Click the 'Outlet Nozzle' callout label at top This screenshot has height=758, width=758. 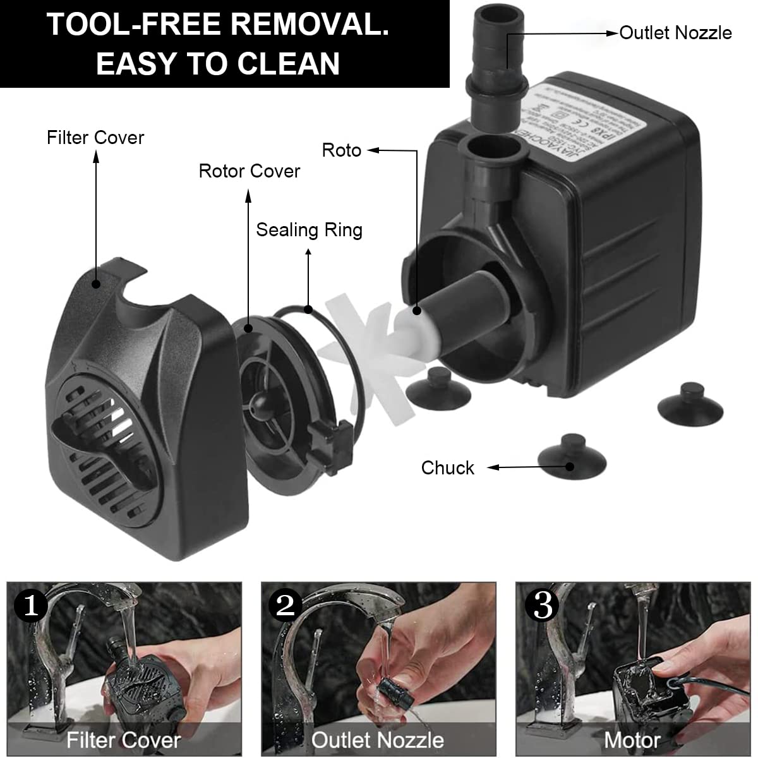point(675,33)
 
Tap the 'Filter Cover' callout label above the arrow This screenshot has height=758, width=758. point(95,138)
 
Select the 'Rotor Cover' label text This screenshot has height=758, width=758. point(249,171)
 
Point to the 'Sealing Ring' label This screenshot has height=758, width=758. point(309,230)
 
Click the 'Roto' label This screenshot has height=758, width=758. point(341,150)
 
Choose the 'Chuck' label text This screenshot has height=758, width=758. point(447,468)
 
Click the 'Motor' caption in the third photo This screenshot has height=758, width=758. point(632,740)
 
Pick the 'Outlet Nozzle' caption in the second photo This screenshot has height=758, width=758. point(377,740)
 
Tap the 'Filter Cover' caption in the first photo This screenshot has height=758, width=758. point(124,740)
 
